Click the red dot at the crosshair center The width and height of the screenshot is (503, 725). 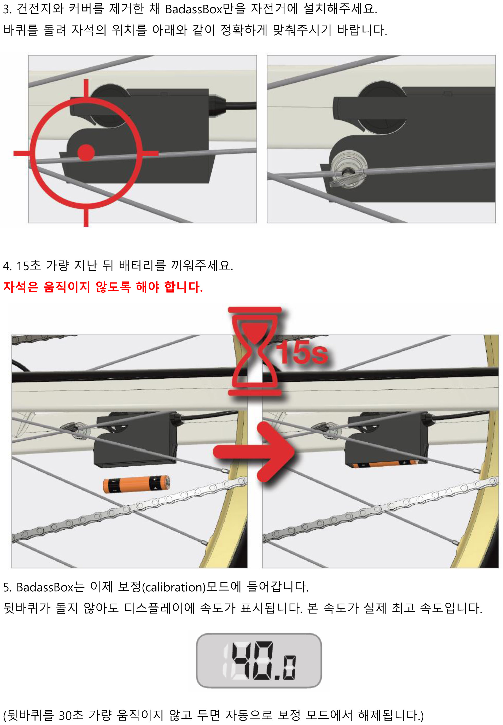[86, 153]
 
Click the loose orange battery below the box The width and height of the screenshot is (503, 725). [137, 484]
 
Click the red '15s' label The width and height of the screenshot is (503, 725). [302, 352]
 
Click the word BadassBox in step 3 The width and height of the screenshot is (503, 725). [194, 9]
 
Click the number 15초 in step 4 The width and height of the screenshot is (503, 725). [29, 266]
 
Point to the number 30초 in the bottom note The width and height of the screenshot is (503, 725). [71, 715]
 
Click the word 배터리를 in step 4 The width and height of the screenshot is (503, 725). [142, 266]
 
